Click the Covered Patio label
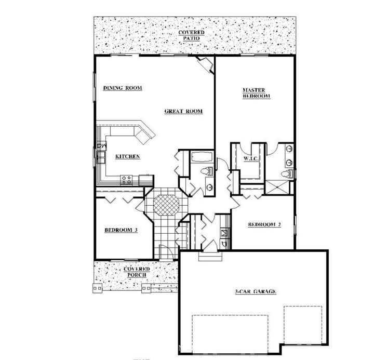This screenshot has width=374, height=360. tap(192, 35)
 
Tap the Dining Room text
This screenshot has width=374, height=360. tap(123, 88)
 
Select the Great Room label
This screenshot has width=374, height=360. tap(183, 111)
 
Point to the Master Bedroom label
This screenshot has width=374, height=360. tap(257, 93)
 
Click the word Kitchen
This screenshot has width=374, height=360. tap(128, 156)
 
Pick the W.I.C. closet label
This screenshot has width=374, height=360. tap(251, 158)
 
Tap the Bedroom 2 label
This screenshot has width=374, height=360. tap(264, 224)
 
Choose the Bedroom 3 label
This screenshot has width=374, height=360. tap(121, 230)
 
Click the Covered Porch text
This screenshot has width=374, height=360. tap(137, 272)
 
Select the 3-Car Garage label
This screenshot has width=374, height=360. tap(256, 291)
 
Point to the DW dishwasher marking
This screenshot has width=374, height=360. tap(102, 145)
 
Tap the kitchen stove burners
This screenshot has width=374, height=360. tap(126, 180)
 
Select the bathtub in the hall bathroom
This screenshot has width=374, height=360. tap(202, 157)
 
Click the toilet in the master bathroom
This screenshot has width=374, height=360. tap(287, 174)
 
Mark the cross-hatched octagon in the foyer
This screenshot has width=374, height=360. tap(166, 205)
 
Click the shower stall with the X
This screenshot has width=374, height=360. tap(277, 188)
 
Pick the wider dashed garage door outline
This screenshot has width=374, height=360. tap(230, 334)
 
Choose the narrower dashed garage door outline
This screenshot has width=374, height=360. tap(303, 325)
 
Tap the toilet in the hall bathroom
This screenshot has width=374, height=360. tap(207, 171)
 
